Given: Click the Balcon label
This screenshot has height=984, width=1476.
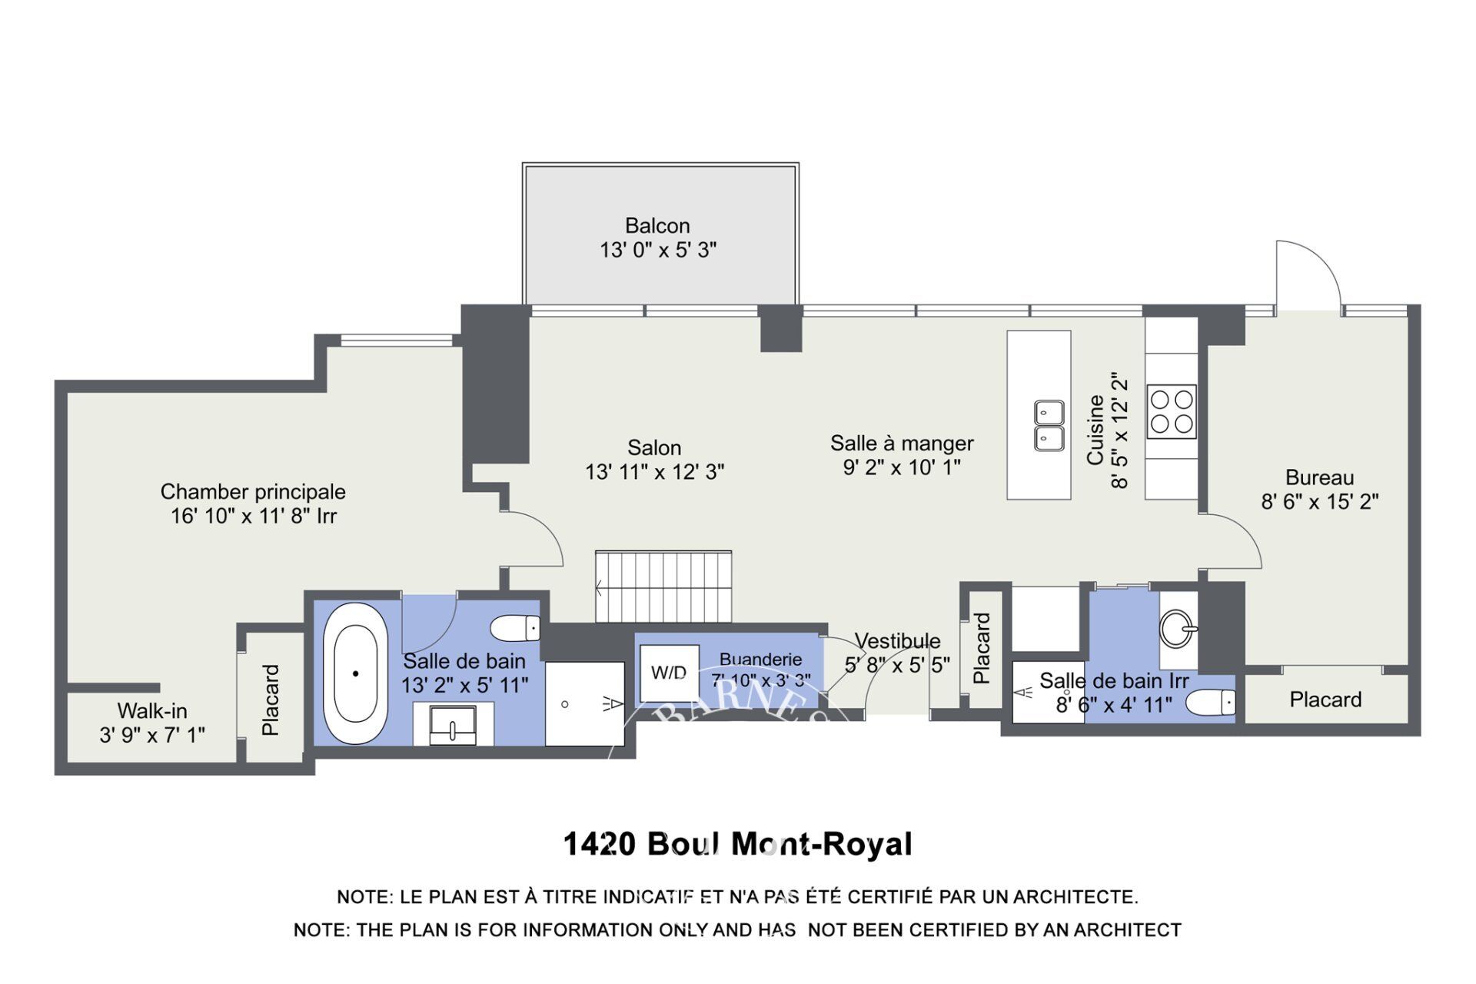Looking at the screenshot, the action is click(657, 226).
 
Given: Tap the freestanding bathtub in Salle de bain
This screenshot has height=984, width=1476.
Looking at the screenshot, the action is click(355, 673).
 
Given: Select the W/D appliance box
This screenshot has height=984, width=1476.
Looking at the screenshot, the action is click(670, 673).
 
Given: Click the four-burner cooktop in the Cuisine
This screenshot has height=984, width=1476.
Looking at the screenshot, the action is click(1172, 411).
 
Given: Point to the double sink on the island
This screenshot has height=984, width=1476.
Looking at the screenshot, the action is click(1049, 425).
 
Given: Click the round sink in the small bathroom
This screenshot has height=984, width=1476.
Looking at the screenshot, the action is click(1178, 629).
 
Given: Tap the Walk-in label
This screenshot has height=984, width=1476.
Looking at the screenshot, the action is click(152, 711).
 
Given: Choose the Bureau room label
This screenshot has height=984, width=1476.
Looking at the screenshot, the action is click(1320, 478).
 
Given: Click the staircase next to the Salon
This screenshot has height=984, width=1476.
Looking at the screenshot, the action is click(663, 587).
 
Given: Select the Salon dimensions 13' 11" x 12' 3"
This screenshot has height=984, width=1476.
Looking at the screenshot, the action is click(655, 472).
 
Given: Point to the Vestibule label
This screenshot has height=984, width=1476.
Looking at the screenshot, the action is click(897, 641).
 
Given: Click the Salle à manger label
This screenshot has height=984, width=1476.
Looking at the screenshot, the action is click(902, 444).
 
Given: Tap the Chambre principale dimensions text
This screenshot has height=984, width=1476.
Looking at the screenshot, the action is click(254, 516).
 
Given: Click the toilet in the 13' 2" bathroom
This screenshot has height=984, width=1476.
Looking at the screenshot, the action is click(515, 628).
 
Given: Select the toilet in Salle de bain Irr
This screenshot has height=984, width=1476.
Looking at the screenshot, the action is click(1211, 702).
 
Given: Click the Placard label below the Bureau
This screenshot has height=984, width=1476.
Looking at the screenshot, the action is click(1325, 700).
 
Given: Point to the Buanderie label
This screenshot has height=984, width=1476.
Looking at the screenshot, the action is click(760, 660).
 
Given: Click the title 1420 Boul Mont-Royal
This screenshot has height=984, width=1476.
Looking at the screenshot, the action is click(738, 844).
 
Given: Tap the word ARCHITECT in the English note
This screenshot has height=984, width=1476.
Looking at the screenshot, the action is click(1128, 930).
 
